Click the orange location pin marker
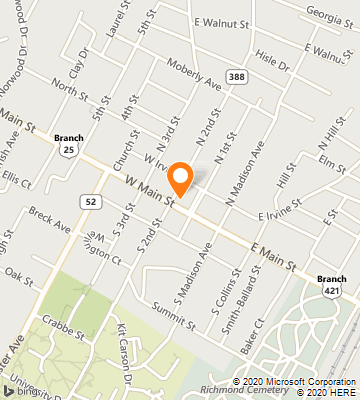click(181, 178)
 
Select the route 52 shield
click(91, 201)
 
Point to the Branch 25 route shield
click(68, 143)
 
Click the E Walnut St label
click(220, 21)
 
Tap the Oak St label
click(19, 271)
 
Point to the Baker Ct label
click(251, 335)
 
